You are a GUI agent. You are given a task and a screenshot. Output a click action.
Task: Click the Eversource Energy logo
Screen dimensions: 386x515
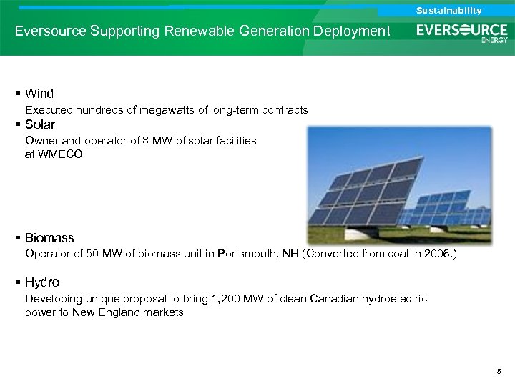coord(462,32)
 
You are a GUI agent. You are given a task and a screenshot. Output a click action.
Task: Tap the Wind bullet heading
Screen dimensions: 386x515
coord(39,94)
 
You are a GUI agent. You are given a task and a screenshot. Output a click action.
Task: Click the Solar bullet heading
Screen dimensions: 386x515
coord(39,124)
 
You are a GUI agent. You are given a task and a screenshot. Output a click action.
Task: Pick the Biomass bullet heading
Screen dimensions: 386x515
coord(49,238)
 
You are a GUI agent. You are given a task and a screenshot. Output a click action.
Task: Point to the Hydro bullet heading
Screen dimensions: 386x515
coord(42,282)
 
